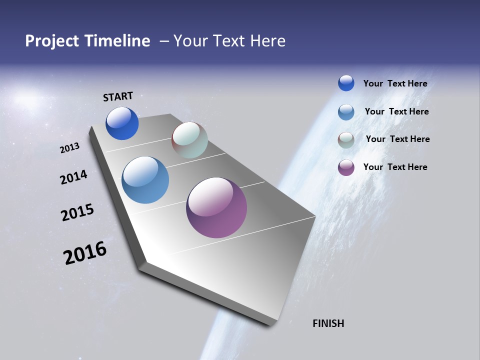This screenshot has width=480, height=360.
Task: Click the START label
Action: point(118,96)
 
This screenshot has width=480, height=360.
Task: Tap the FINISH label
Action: point(328,323)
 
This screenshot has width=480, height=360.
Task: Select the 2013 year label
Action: point(70,148)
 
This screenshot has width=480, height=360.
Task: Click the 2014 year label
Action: point(74,177)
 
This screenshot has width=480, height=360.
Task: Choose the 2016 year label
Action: point(85,253)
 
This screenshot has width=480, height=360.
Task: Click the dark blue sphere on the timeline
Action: point(122,123)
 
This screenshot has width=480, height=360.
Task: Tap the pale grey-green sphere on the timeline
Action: point(189,140)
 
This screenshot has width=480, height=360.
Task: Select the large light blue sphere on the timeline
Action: point(145,180)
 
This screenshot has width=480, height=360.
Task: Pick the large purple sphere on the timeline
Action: point(216,207)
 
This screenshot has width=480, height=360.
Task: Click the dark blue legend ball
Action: point(346,83)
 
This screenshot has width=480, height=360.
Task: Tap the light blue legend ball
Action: point(346,112)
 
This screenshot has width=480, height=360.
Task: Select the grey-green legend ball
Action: point(346,140)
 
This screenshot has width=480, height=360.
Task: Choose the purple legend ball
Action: point(346,167)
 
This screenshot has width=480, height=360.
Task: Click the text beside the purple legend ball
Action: point(395,167)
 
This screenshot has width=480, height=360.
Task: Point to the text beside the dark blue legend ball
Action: point(395,83)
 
